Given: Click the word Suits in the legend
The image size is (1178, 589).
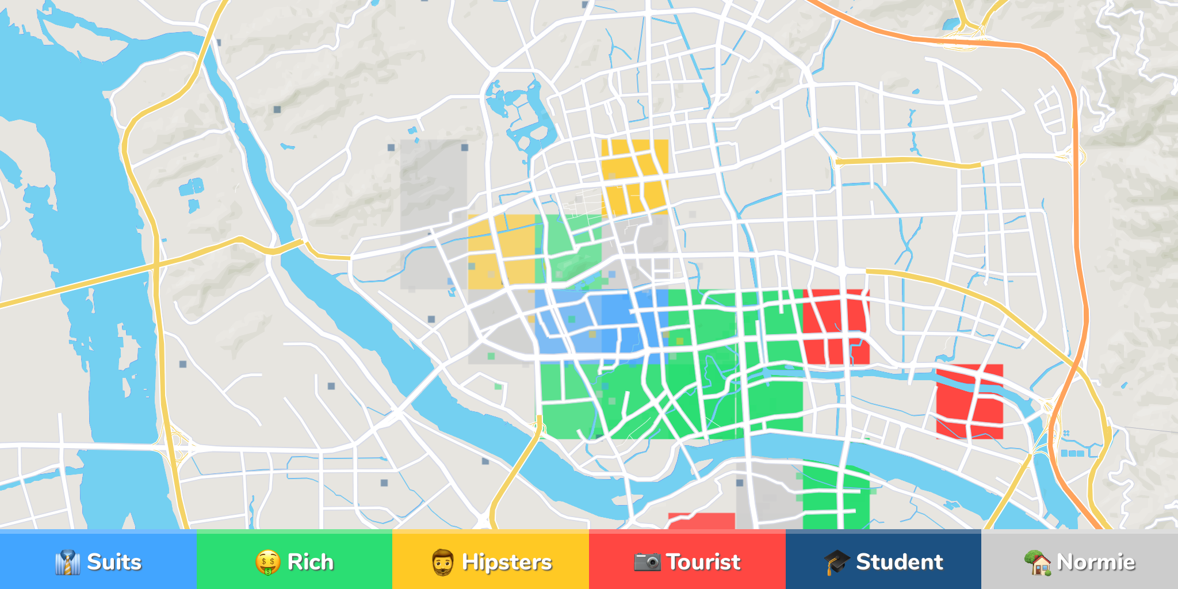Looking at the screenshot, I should click(114, 562).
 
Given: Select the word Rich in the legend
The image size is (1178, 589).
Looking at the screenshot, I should click(310, 562).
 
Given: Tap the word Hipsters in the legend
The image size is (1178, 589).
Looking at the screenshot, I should click(507, 562).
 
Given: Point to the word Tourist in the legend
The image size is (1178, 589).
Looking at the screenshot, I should click(703, 562).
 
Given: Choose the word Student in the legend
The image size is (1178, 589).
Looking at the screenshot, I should click(899, 562).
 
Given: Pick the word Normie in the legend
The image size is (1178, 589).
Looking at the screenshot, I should click(1096, 562).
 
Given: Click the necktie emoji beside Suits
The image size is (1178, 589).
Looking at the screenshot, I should click(67, 563).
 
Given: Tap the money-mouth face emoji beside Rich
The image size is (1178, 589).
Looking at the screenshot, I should click(267, 563).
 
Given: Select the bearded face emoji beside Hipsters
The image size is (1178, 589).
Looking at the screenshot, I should click(442, 563).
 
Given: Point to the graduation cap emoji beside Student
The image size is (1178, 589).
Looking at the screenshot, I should click(836, 563).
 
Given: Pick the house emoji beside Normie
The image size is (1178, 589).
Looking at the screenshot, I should click(1038, 563).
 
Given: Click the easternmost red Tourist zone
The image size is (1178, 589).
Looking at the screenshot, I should click(969, 401).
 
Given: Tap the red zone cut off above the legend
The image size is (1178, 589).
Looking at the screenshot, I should click(701, 521).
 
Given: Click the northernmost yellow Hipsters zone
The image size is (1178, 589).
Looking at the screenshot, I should click(635, 175).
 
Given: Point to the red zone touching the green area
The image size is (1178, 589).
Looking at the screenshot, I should click(836, 327).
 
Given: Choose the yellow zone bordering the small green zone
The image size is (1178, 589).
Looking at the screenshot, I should click(502, 252).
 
